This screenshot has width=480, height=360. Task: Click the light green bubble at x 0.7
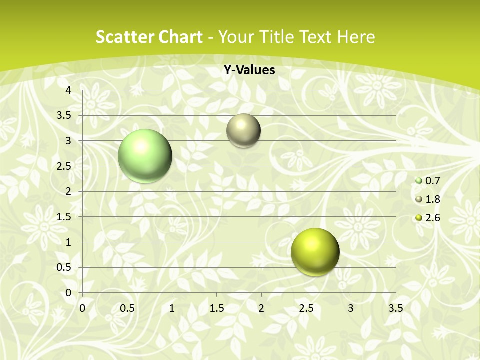[x=145, y=156]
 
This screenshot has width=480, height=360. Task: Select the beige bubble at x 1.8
[x=243, y=130]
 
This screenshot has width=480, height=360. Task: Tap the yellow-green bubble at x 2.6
[x=315, y=252]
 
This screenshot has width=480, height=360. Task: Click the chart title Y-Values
[x=249, y=70]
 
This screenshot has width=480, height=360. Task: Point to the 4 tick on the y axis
[x=69, y=90]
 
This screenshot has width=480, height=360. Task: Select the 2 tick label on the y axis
[x=69, y=191]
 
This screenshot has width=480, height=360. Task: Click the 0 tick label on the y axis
[x=69, y=293]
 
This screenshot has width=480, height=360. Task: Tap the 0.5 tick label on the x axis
[x=127, y=308]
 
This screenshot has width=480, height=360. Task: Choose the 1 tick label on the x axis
[x=172, y=308]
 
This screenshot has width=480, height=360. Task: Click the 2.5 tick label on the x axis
[x=306, y=308]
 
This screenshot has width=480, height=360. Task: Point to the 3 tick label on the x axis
[x=351, y=308]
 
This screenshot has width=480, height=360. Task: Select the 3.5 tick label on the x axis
[x=395, y=308]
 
